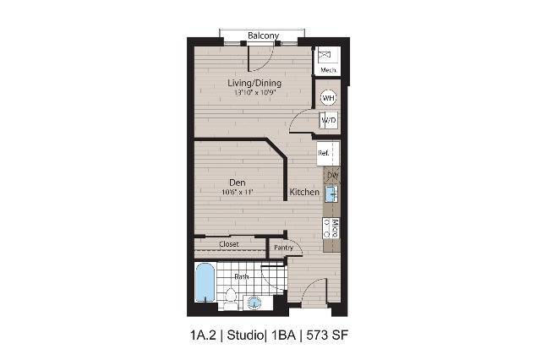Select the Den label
[x=238, y=182]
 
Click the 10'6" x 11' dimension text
[x=238, y=192]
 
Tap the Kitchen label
[x=304, y=193]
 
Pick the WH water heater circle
[x=328, y=98]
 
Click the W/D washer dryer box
[x=328, y=121]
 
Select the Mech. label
[x=328, y=70]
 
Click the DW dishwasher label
[x=332, y=176]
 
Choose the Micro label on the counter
[x=335, y=226]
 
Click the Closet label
[x=229, y=244]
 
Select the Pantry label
[x=283, y=248]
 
